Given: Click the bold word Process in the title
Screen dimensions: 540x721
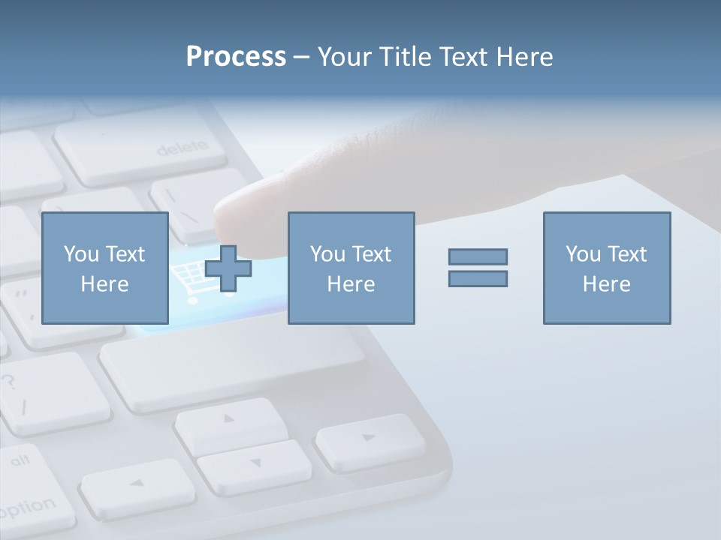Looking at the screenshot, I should pyautogui.click(x=236, y=57).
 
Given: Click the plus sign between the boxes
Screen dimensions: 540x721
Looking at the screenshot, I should pyautogui.click(x=228, y=268).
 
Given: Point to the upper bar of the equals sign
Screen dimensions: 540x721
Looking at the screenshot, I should pyautogui.click(x=478, y=256).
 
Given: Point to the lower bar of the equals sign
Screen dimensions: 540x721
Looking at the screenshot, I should pyautogui.click(x=478, y=278).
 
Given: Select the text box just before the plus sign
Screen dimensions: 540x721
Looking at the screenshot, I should pyautogui.click(x=104, y=268).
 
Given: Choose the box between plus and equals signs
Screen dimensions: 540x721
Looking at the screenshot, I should pyautogui.click(x=351, y=268).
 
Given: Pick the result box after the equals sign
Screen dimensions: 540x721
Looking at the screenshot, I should pyautogui.click(x=606, y=268).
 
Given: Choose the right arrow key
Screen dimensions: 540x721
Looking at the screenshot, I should pyautogui.click(x=369, y=438).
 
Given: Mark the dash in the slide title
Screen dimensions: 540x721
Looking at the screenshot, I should pyautogui.click(x=302, y=57).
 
